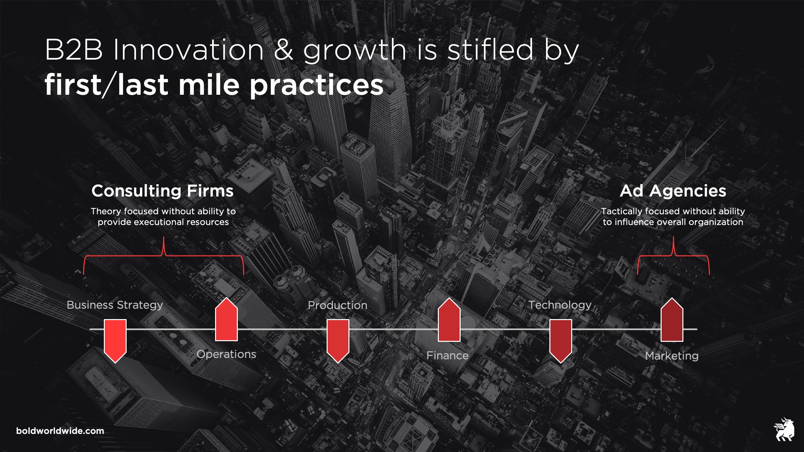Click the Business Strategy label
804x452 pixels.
(115, 305)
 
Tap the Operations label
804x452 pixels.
(226, 354)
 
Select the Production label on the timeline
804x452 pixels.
(338, 305)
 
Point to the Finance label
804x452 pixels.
(448, 355)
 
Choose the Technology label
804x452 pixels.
(560, 305)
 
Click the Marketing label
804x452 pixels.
(672, 356)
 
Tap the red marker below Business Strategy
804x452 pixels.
(115, 341)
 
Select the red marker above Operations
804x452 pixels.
(226, 319)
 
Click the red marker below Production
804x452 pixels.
(338, 341)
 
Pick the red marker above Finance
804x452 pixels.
(449, 319)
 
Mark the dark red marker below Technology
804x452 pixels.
(561, 341)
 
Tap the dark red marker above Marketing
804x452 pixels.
(672, 319)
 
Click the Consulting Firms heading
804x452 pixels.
(162, 191)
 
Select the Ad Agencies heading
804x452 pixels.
(673, 191)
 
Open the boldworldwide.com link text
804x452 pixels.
(60, 431)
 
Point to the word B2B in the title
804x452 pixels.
(74, 50)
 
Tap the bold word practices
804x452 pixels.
(317, 85)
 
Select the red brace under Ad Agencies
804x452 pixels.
(673, 255)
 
